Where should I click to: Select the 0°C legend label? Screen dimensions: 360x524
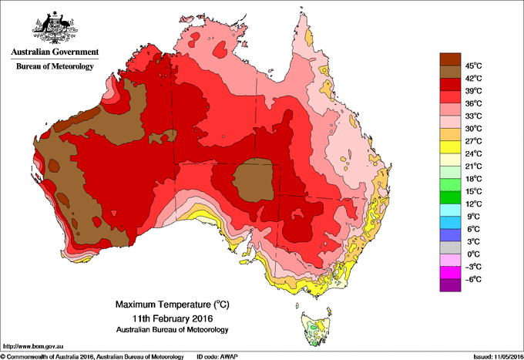tap(471, 254)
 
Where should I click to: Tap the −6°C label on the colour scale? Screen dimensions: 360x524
tap(472, 279)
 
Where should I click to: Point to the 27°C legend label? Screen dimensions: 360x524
tap(472, 140)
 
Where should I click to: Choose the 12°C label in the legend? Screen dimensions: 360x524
tap(472, 204)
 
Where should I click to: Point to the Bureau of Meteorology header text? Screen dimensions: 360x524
tap(55, 66)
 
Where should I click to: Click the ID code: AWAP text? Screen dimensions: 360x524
tap(223, 356)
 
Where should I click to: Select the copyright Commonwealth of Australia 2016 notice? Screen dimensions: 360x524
tap(92, 356)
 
